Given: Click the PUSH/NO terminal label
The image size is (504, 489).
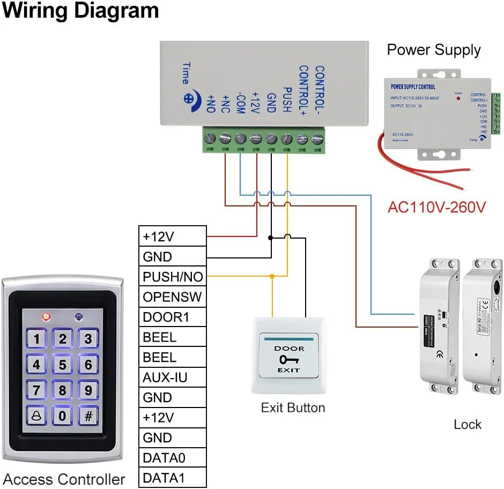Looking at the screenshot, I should [x=173, y=277].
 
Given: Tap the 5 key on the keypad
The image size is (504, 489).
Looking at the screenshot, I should [x=63, y=365].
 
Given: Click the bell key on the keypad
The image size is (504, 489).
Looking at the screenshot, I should [x=36, y=415].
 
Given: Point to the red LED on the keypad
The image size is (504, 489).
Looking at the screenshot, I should [x=46, y=317].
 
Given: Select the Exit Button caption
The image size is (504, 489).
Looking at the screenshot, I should [x=293, y=407].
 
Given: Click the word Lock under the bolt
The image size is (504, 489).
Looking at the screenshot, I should [x=468, y=425].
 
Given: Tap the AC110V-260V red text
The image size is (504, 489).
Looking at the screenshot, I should [x=436, y=207].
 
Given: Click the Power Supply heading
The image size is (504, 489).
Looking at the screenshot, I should [x=434, y=50].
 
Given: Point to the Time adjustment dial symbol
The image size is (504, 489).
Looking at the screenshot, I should [x=189, y=99].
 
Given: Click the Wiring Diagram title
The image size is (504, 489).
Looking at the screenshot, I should [x=80, y=11].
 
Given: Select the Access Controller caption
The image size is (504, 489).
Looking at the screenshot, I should [x=64, y=479].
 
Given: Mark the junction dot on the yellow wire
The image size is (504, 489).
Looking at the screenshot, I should [x=272, y=277].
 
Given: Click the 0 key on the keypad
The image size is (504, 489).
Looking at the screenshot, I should [x=63, y=415].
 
